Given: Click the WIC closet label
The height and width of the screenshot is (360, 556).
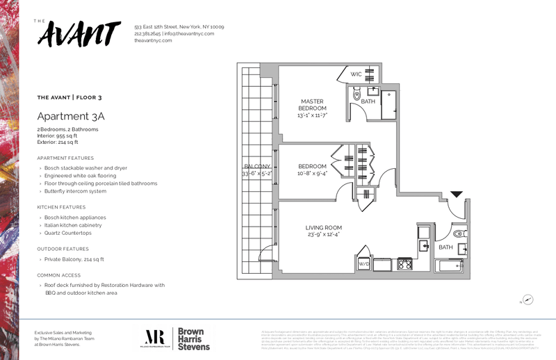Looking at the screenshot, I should tap(355, 74).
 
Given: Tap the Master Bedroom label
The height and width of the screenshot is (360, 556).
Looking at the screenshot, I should tap(312, 105).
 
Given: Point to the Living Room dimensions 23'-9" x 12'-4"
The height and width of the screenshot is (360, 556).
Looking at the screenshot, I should tap(324, 234).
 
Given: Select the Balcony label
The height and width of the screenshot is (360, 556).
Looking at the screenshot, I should tap(256, 167).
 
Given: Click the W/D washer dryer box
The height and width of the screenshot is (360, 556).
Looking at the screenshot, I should tap(363, 264).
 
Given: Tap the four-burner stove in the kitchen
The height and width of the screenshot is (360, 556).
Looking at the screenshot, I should tap(404, 264).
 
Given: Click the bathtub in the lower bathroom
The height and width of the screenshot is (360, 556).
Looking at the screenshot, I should tap(448, 265).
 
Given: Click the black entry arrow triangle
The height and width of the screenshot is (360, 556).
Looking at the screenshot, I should tap(455, 195).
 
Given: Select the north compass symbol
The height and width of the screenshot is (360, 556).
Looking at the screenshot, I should tap(528, 300).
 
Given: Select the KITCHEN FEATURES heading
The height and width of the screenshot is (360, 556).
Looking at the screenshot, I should tap(61, 207).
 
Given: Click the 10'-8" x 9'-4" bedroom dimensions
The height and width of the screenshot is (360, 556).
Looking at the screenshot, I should tap(312, 174).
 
